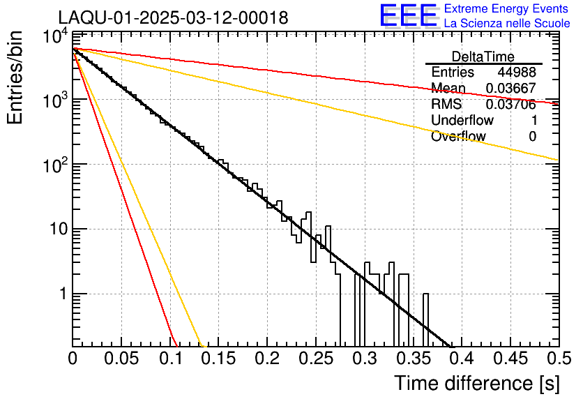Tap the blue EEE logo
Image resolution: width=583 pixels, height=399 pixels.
(x=408, y=16)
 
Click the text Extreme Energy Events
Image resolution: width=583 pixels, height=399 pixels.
(x=507, y=9)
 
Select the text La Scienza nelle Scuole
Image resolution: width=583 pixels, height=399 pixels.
(x=507, y=24)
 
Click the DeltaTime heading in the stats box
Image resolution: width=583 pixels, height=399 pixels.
(x=483, y=57)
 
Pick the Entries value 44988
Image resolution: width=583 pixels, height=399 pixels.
(x=517, y=73)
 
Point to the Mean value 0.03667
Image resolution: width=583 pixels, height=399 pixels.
(x=511, y=89)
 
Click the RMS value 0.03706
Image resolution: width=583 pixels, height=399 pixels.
(x=511, y=105)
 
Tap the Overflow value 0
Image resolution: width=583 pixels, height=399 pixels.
(x=533, y=137)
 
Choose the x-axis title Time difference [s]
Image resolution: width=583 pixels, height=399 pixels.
(x=476, y=383)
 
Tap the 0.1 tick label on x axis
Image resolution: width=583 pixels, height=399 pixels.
(x=169, y=359)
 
